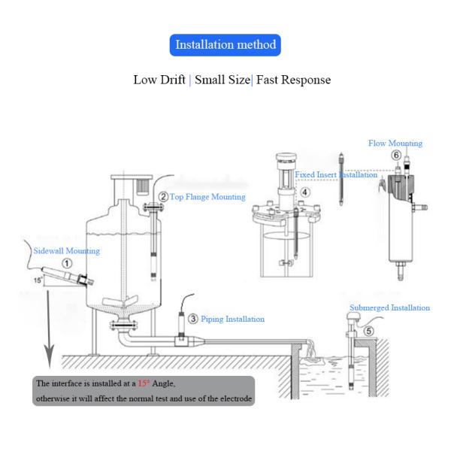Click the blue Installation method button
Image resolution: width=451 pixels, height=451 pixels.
(x=225, y=44)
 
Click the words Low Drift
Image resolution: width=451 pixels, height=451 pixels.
(x=160, y=80)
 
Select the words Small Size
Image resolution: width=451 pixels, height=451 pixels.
(x=222, y=80)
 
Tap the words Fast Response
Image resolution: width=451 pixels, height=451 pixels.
(x=293, y=80)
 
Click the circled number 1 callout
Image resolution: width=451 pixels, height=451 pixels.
(x=67, y=264)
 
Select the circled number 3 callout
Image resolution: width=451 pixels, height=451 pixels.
(x=193, y=319)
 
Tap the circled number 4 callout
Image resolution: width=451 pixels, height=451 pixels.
(x=305, y=192)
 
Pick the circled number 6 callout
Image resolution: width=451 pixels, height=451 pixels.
(x=395, y=154)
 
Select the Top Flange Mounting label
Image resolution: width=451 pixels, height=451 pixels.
(x=207, y=197)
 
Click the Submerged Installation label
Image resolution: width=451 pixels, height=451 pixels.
(x=389, y=307)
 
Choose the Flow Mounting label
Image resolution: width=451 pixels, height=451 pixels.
(x=395, y=143)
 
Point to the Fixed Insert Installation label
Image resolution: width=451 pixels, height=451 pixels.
(x=334, y=174)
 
